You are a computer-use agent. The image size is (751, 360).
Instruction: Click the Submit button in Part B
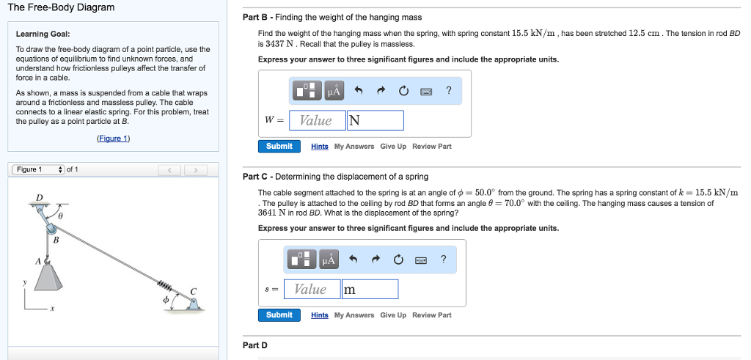coord(279,146)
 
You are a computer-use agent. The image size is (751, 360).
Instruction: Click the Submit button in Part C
coord(279,315)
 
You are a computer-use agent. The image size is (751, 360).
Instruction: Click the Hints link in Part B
coord(320,147)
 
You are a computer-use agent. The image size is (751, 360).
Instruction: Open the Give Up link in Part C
coord(393,315)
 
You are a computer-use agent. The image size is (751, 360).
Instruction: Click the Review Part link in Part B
coord(432,147)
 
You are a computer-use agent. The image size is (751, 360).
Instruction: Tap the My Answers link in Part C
coord(354,315)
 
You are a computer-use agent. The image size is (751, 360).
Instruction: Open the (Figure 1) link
coord(113,139)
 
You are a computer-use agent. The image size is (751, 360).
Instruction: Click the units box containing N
coord(375,120)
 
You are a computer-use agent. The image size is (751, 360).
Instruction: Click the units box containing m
coord(370,289)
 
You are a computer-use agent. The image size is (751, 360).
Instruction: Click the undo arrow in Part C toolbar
coord(353,260)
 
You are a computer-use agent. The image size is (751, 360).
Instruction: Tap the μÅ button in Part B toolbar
coord(334,91)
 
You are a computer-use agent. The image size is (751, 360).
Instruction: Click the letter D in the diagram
coord(40,196)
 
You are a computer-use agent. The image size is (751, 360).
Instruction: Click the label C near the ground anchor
coord(194,291)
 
